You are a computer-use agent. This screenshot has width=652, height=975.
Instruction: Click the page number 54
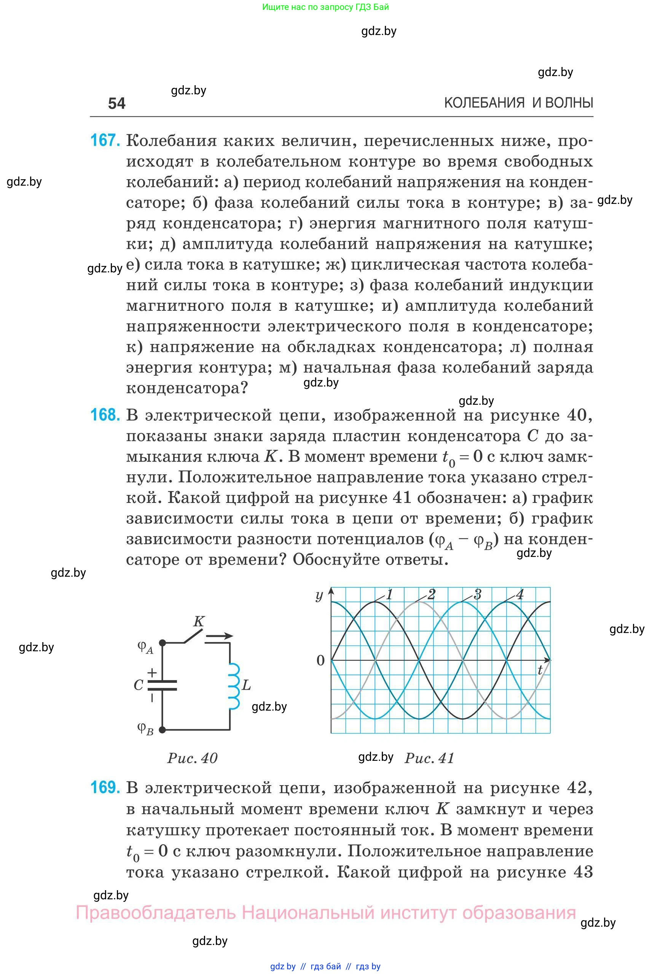pos(116,103)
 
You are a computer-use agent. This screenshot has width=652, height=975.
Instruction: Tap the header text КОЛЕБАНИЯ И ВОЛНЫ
pos(518,103)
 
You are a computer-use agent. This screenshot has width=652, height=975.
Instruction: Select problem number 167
pos(105,140)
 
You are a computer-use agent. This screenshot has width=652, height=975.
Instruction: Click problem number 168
pos(105,415)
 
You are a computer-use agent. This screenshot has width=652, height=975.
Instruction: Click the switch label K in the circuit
pos(199,621)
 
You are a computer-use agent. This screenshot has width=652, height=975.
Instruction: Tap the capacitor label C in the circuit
pos(139,685)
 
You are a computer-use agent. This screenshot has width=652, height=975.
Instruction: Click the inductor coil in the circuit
pos(234,686)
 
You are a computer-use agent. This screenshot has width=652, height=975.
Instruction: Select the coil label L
pos(246,685)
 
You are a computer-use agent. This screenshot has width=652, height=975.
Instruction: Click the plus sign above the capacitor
pos(152,672)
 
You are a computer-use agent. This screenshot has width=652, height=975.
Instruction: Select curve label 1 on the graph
pos(389,595)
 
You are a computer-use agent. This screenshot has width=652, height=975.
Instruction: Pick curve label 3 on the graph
pos(477,595)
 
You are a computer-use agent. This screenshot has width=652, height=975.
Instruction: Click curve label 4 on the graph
pos(520,595)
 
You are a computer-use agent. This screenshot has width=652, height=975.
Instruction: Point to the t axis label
pos(540,670)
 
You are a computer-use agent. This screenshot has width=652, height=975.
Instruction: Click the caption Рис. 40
pos(192,758)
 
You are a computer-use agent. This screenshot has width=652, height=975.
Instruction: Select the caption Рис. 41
pos(429,758)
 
